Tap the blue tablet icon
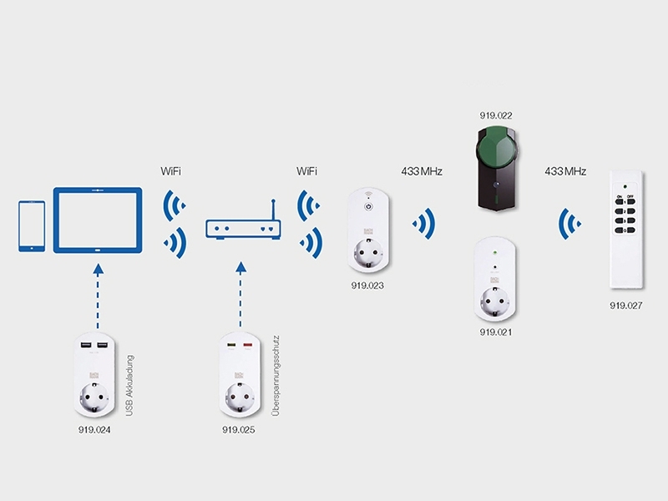98,220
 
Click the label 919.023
367,286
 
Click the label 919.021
495,332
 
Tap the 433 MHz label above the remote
565,171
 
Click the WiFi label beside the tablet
171,171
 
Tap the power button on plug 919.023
368,205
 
